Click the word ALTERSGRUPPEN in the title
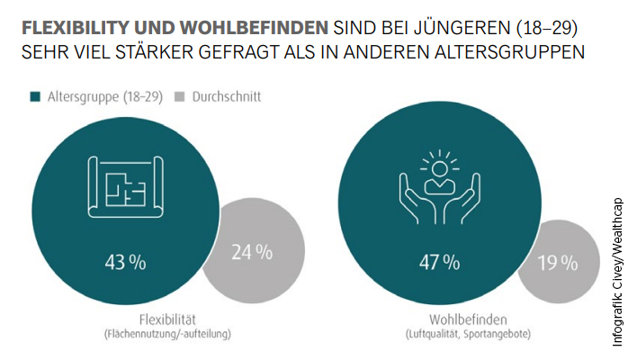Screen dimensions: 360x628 click(507, 52)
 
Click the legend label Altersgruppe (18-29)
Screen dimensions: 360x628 click(103, 96)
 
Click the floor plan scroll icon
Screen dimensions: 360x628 click(126, 191)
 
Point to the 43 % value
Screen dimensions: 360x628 click(124, 263)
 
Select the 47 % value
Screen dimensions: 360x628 click(439, 263)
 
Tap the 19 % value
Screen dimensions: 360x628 click(558, 263)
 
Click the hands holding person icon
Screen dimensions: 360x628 click(440, 190)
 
